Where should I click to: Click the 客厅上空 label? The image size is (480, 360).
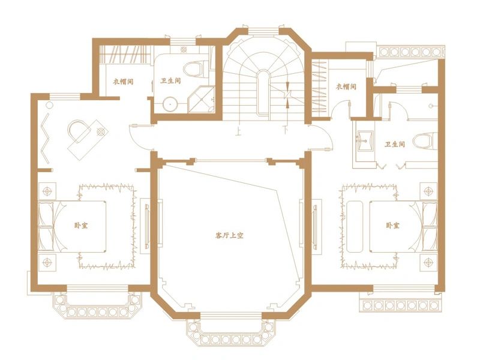click(x=230, y=235)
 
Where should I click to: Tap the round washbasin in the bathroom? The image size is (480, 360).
click(x=170, y=104)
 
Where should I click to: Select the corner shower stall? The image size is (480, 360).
click(x=202, y=99)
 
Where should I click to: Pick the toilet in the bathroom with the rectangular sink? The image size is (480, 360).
click(x=425, y=140)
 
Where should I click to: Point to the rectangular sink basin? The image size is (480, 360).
click(x=365, y=141)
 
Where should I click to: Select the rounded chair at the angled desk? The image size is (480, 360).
click(x=79, y=130)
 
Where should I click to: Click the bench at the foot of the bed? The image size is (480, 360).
click(x=355, y=227)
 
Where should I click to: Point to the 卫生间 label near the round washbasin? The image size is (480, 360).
click(x=171, y=81)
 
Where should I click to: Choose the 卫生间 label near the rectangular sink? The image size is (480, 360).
click(x=395, y=144)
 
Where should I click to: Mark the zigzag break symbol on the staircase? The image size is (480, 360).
click(x=287, y=95)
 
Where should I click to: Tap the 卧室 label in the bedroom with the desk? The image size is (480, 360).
click(x=81, y=226)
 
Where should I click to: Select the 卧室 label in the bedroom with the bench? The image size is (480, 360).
click(x=392, y=226)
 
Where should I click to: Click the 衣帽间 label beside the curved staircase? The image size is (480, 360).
click(x=346, y=86)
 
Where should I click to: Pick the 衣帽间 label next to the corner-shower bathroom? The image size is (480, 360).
click(x=124, y=82)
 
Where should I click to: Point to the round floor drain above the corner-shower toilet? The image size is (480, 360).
click(x=184, y=50)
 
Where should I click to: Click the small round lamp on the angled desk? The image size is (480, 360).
click(x=101, y=131)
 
